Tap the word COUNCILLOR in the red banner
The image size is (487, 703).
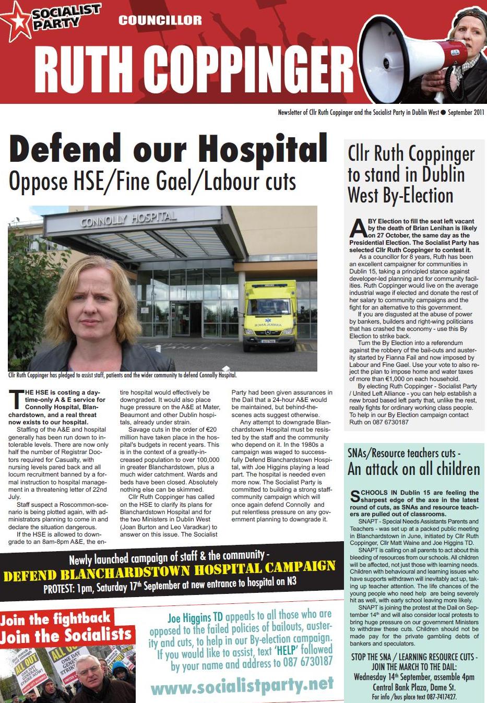pyautogui.click(x=160, y=20)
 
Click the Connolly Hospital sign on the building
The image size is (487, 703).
pyautogui.click(x=128, y=219)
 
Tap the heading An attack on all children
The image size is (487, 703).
pyautogui.click(x=413, y=469)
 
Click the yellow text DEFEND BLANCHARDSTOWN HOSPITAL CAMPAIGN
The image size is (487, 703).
pyautogui.click(x=169, y=571)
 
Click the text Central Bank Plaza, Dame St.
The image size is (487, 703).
pyautogui.click(x=414, y=687)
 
